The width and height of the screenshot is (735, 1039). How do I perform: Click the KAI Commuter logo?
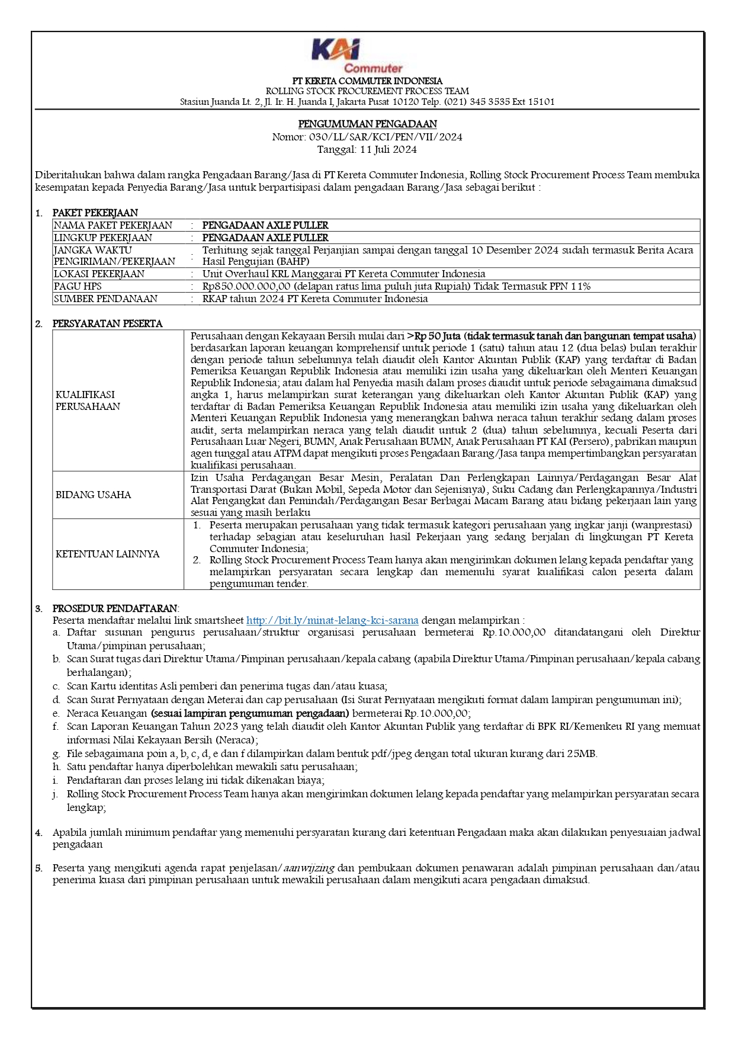(x=357, y=55)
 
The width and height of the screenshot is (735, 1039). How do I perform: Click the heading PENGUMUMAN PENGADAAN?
(x=367, y=124)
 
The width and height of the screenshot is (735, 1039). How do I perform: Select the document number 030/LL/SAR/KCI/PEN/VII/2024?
(x=386, y=137)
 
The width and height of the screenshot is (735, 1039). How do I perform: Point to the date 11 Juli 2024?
(x=388, y=149)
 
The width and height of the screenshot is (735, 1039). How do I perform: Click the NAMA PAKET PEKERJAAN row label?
(x=113, y=225)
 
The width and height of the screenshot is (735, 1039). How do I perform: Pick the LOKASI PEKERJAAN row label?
(x=99, y=274)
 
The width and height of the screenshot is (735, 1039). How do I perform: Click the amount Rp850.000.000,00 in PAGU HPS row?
(x=246, y=286)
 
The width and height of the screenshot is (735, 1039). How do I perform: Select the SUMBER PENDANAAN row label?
(x=105, y=299)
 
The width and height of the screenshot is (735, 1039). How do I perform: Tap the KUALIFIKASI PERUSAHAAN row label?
(x=88, y=400)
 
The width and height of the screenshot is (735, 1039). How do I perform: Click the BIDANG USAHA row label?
(x=93, y=495)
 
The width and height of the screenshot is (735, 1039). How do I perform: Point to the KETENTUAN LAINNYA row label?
(x=107, y=554)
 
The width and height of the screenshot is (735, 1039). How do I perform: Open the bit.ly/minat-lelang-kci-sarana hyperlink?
(x=332, y=620)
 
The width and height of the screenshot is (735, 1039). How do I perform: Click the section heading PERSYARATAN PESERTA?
(x=107, y=323)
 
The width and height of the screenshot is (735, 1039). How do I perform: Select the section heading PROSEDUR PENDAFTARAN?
(x=115, y=608)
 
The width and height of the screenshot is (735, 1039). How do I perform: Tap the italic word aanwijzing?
(x=309, y=868)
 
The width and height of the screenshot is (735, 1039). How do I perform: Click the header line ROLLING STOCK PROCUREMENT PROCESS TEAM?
(x=367, y=91)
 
